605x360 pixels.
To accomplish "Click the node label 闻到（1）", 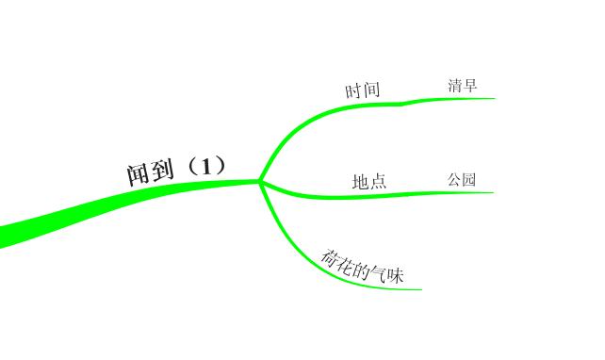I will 176,170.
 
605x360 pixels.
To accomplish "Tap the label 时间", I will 363,90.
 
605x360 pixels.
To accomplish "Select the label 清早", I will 463,86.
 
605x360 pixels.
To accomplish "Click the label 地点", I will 369,181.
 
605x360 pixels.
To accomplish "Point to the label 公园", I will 462,179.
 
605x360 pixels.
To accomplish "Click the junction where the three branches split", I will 260,180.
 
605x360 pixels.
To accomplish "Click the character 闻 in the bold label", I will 139,174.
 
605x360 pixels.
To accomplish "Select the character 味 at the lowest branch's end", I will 395,276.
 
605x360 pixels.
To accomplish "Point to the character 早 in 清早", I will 470,86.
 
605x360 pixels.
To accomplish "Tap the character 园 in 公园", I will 469,179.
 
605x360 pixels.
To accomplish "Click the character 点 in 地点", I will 378,181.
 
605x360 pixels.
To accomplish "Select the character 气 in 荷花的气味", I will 379,272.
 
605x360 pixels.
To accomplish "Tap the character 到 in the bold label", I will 163,171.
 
